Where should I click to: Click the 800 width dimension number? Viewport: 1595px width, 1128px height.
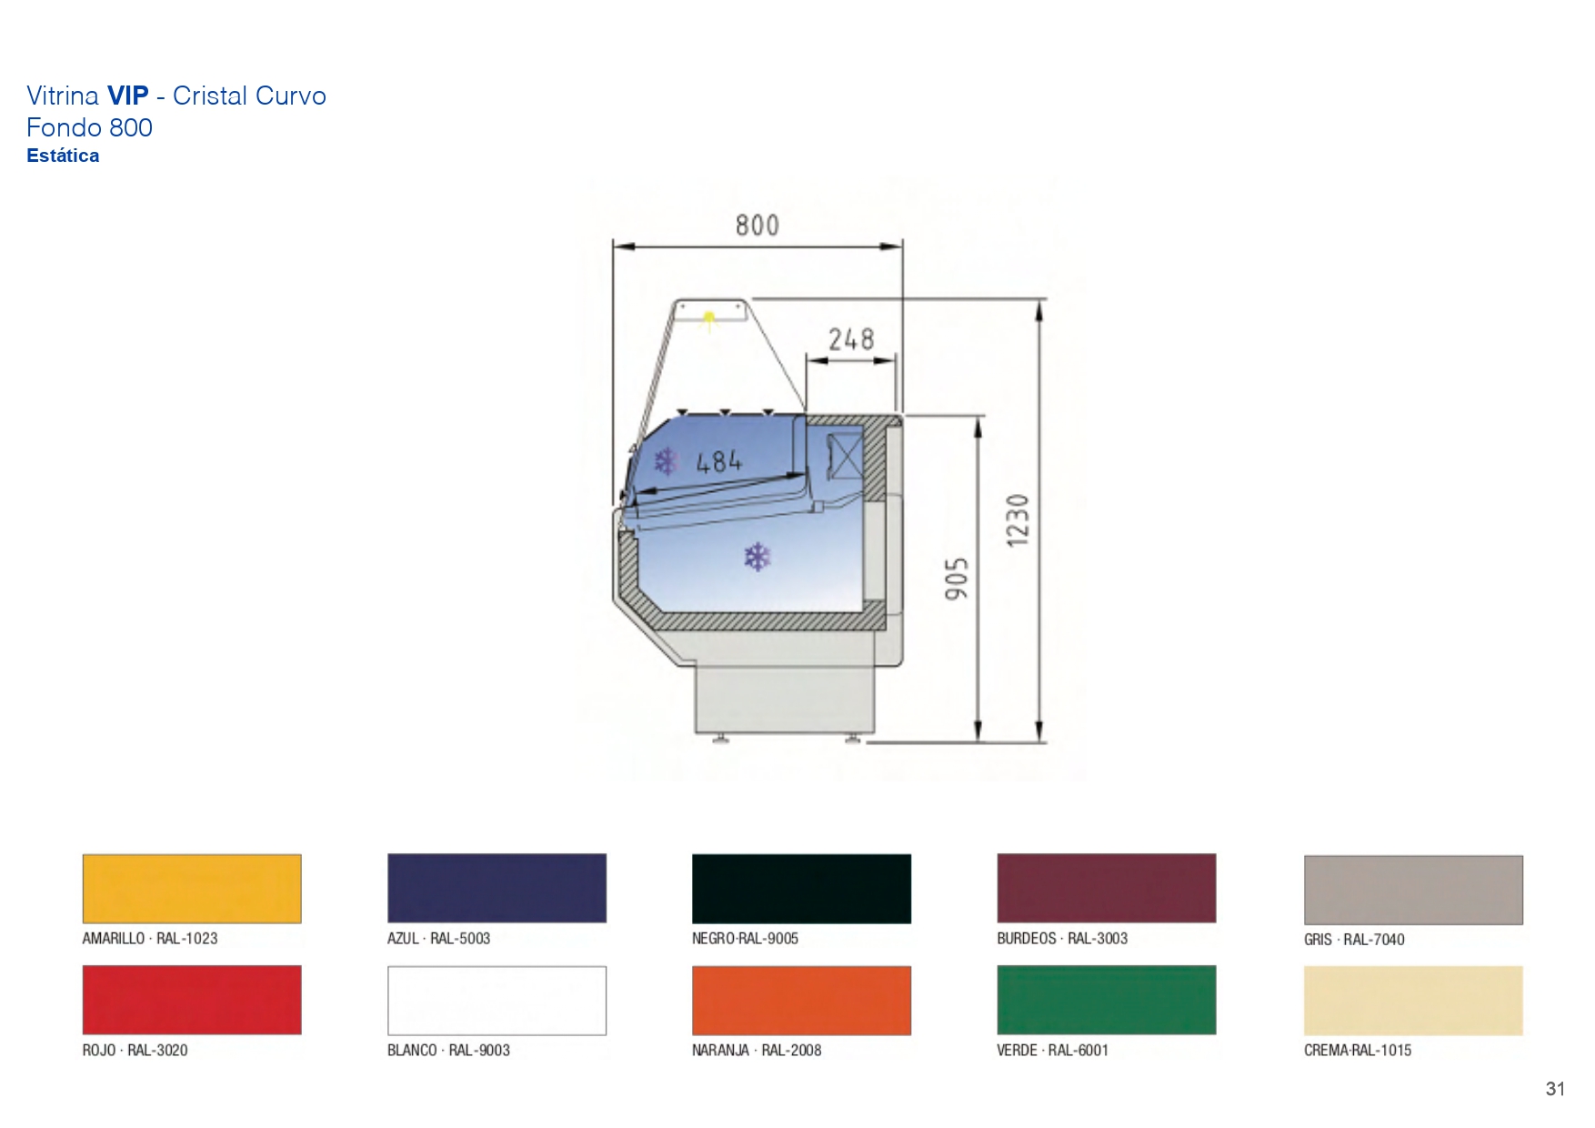[757, 225]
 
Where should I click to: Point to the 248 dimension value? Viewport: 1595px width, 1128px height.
[851, 339]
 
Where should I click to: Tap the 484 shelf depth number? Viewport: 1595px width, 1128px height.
[719, 462]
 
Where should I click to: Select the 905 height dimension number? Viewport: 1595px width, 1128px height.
[957, 579]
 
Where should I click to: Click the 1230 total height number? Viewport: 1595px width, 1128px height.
[1018, 520]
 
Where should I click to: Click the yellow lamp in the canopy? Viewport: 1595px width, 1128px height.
[708, 318]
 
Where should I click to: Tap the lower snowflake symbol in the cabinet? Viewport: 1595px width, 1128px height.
[757, 557]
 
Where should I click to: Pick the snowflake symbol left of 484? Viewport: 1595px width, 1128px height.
[667, 461]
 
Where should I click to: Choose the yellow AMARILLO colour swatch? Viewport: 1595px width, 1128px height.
[192, 889]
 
